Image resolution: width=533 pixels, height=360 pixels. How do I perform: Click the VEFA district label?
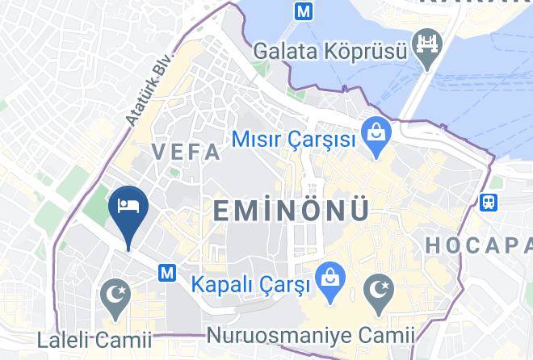(186, 152)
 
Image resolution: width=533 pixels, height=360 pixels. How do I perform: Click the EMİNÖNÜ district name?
(291, 211)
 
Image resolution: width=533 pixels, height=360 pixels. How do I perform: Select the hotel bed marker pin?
(128, 207)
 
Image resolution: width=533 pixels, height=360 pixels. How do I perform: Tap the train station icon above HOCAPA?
(489, 202)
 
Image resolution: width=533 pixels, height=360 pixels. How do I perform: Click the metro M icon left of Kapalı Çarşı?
(168, 273)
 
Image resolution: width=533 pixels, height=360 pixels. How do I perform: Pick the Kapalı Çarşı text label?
(250, 286)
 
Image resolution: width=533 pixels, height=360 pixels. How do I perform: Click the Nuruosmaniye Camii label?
(311, 334)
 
